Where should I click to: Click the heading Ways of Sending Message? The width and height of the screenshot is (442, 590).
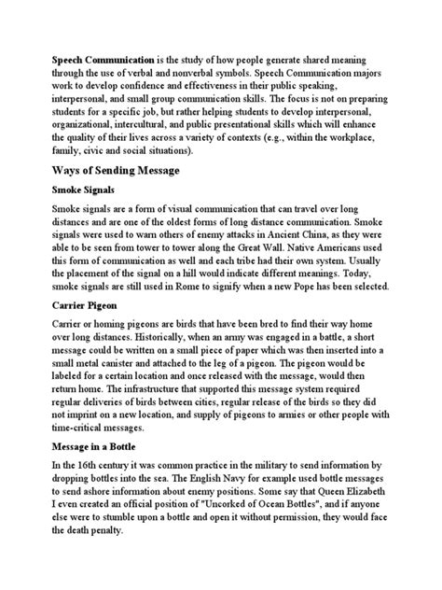click(115, 174)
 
